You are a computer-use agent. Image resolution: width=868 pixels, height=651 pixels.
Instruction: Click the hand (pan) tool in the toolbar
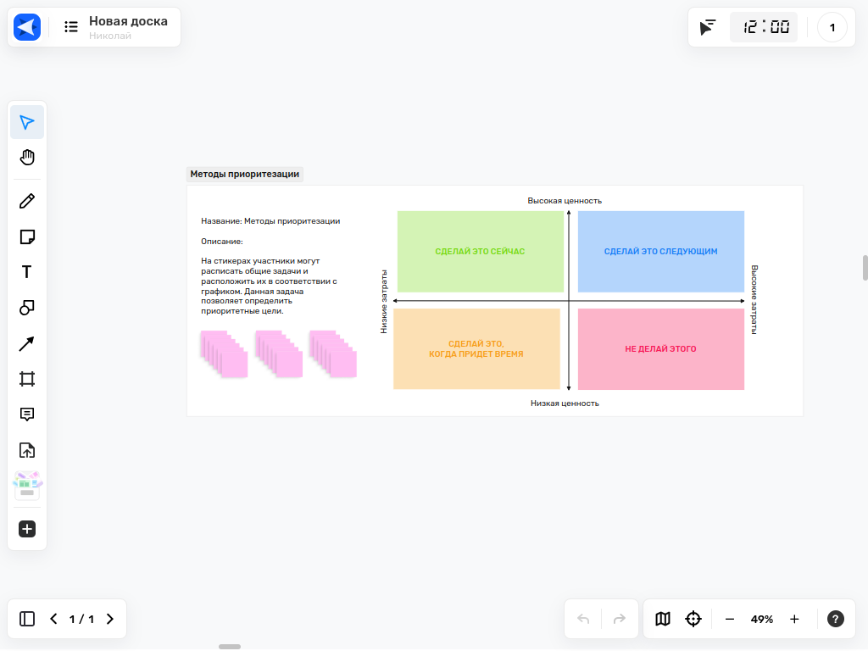coord(27,157)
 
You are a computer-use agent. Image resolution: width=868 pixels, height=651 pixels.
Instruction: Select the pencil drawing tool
coord(27,201)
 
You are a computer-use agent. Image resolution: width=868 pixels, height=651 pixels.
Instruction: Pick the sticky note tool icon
coord(27,237)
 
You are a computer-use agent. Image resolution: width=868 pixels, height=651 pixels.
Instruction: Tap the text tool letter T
coord(26,272)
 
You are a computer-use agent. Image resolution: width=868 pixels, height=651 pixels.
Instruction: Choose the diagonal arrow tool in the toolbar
coord(26,344)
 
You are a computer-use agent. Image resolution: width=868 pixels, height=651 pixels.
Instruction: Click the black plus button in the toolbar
coord(27,529)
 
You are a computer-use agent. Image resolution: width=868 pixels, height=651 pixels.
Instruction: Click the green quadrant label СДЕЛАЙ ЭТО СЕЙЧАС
coord(480,251)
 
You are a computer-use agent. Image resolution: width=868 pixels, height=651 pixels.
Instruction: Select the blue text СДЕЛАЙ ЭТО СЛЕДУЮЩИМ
coord(660,251)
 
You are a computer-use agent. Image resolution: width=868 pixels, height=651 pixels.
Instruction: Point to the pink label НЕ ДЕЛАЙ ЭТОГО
coord(660,348)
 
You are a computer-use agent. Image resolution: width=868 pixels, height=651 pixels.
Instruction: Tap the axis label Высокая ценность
coord(565,200)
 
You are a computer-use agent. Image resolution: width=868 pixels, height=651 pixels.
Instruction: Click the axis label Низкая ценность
coord(565,403)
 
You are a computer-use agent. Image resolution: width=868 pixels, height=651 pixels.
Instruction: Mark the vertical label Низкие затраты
coord(384,302)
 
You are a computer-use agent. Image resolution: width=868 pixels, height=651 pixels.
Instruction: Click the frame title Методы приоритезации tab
coord(245,174)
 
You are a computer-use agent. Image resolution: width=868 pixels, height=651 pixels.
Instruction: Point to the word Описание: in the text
coord(222,242)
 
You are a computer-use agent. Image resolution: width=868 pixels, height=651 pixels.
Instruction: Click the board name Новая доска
coord(129,21)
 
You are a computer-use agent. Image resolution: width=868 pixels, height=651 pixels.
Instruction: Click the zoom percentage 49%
coord(762,619)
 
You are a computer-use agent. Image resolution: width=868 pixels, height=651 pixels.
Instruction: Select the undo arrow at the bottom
coord(583,619)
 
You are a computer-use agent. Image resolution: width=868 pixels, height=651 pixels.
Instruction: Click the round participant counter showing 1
coord(832,27)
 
